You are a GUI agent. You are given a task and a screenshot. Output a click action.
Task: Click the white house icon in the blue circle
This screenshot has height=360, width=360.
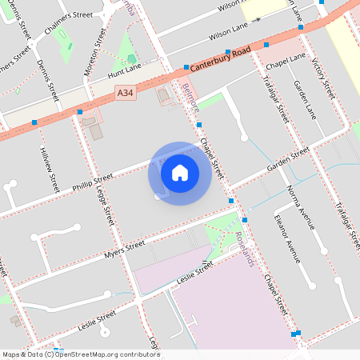click(x=180, y=172)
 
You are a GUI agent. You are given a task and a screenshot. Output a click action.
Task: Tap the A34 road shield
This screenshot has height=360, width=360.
click(x=126, y=94)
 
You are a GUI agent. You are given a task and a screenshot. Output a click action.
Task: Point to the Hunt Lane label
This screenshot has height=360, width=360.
click(x=123, y=74)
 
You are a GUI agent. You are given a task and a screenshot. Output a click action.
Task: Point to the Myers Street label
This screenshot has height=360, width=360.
click(x=124, y=250)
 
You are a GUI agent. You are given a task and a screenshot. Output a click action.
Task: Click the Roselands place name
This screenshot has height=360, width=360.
click(x=245, y=247)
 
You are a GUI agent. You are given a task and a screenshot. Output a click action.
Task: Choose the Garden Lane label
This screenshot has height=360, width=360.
click(x=305, y=99)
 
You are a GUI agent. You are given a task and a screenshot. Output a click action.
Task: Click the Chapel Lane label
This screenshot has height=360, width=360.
click(x=287, y=58)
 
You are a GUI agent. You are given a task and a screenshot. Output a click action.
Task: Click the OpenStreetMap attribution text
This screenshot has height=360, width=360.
click(x=80, y=354)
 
